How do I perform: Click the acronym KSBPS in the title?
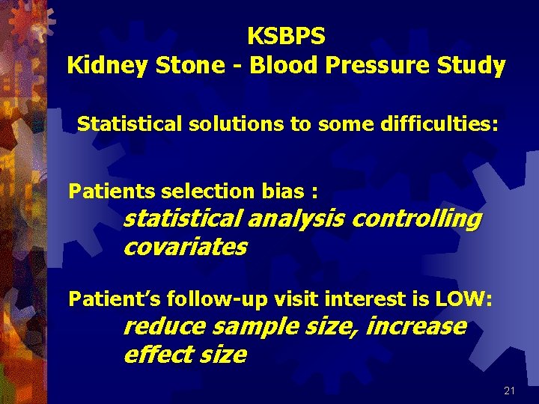pos(286,35)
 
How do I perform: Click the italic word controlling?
pos(416,219)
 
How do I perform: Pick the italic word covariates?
pos(184,247)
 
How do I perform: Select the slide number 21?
pos(509,391)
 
